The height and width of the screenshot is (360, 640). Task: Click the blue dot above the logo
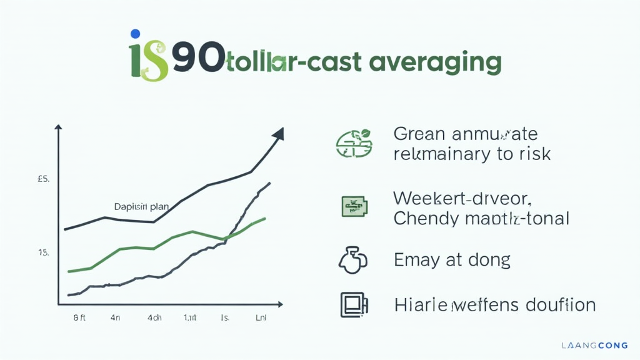click(x=134, y=34)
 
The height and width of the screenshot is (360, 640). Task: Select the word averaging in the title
click(x=435, y=63)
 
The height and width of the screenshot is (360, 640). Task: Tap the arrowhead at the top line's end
click(x=277, y=134)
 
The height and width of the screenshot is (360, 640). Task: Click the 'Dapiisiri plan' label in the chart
click(x=137, y=207)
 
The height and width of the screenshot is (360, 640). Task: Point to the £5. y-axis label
click(x=43, y=179)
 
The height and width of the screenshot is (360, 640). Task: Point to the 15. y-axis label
click(x=43, y=252)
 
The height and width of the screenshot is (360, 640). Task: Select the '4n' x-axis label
click(x=116, y=317)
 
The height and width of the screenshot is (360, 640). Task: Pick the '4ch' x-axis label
click(x=154, y=317)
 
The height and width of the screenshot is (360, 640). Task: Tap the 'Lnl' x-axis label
click(x=261, y=317)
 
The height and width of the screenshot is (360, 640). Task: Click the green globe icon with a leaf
click(x=354, y=143)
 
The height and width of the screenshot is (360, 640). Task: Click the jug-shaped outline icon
click(x=352, y=260)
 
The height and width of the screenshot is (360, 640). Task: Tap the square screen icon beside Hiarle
click(x=353, y=304)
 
